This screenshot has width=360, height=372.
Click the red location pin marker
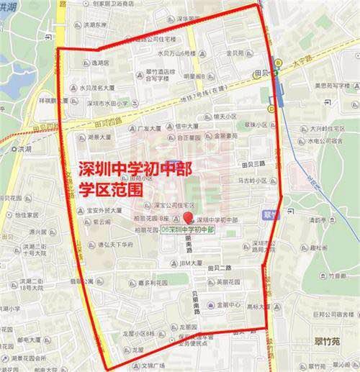(x=188, y=218)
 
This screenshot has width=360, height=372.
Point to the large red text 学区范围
(x=109, y=190)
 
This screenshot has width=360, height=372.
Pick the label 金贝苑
(x=237, y=53)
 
